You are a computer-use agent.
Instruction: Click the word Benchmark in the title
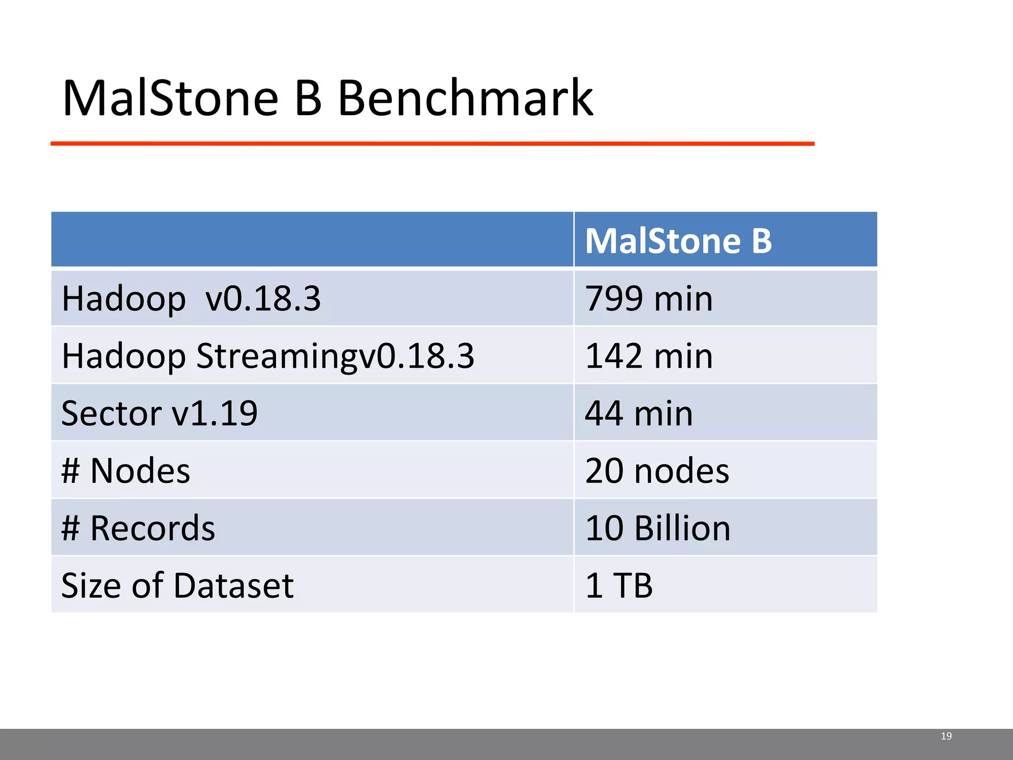tap(465, 98)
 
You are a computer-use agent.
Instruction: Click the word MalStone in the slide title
tap(171, 98)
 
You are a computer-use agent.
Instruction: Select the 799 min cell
tap(648, 298)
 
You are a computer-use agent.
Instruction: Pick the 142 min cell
tap(648, 356)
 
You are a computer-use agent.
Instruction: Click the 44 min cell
tap(639, 413)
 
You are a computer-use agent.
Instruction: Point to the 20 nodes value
tap(656, 471)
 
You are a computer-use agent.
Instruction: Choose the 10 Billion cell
tap(657, 528)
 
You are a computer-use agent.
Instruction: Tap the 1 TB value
tap(619, 585)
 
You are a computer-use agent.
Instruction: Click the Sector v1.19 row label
tap(159, 413)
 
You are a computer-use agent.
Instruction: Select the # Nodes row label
tap(126, 471)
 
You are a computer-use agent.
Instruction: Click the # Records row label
tap(138, 528)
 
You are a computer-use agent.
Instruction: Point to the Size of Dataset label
tap(177, 585)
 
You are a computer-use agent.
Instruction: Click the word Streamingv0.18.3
tap(335, 356)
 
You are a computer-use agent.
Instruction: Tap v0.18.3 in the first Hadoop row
tap(263, 298)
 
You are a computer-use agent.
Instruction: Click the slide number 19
tap(946, 736)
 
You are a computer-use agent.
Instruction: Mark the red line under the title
tap(432, 143)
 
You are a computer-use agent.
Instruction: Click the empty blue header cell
tap(312, 239)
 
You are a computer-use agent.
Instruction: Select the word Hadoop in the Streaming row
tap(124, 356)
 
